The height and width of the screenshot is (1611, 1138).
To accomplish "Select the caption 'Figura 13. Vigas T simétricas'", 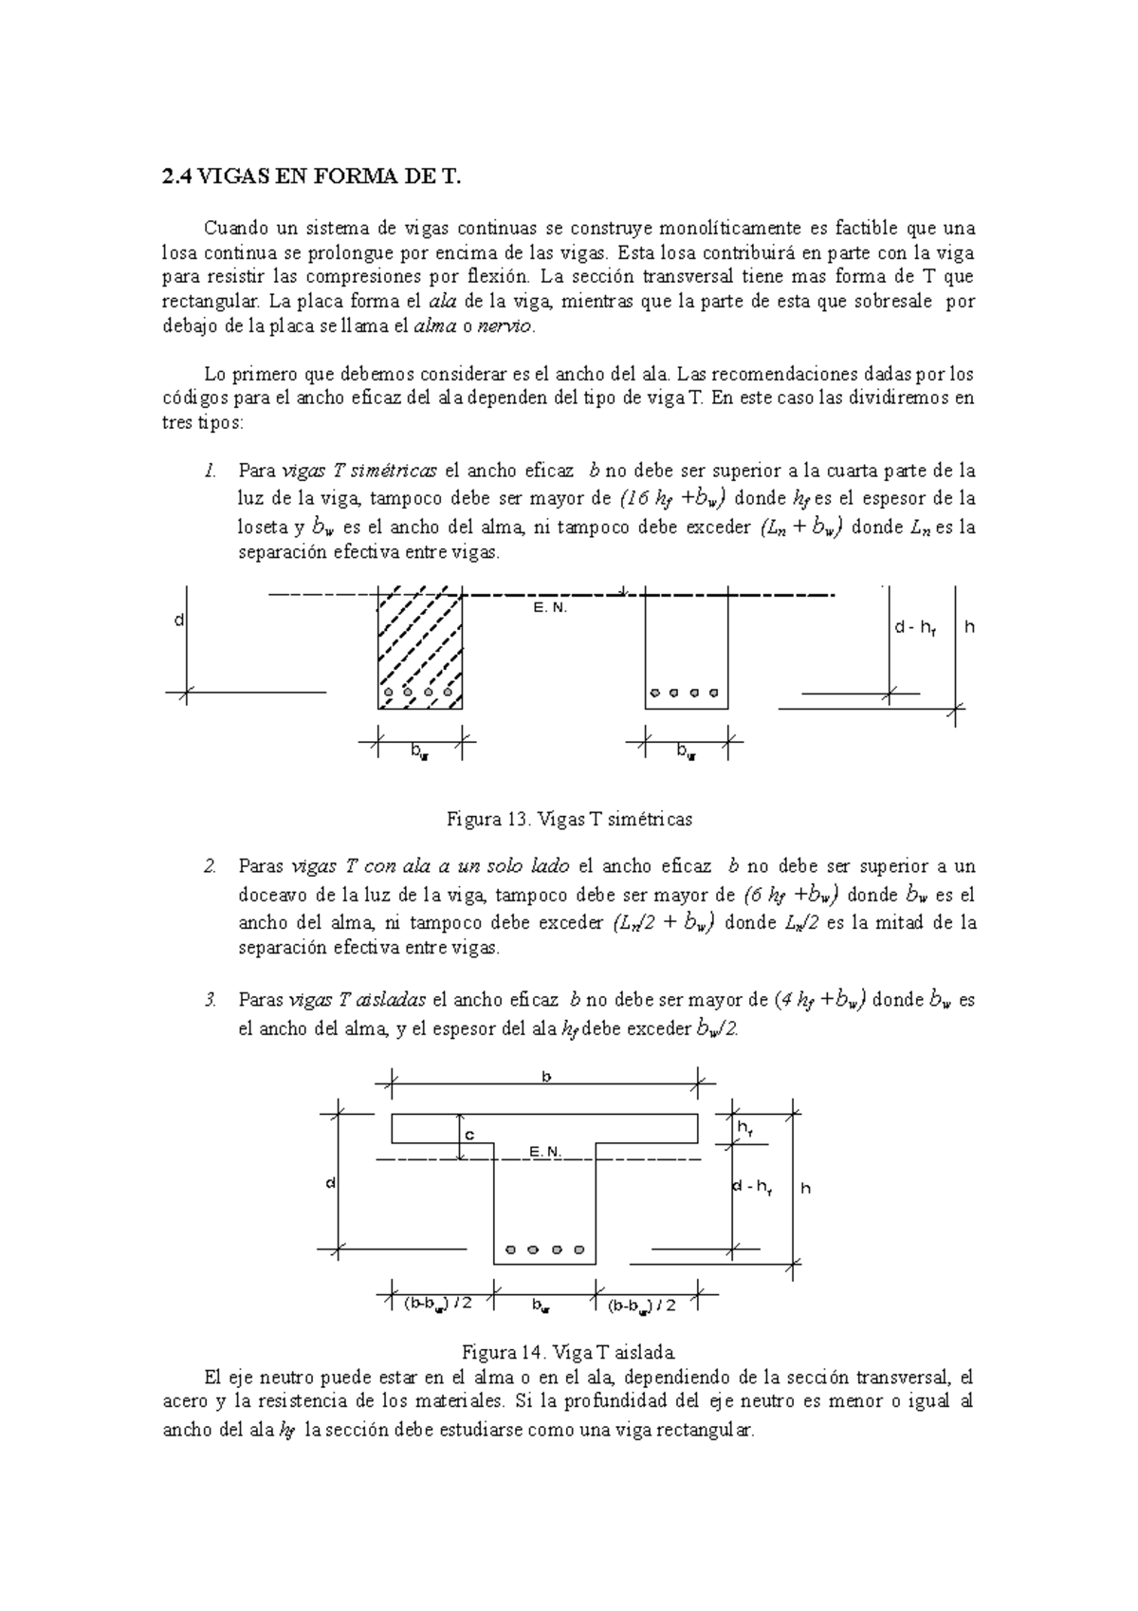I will (569, 819).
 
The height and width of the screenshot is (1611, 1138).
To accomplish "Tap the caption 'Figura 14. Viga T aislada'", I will (567, 1351).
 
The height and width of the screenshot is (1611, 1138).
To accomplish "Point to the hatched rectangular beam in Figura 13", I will (419, 652).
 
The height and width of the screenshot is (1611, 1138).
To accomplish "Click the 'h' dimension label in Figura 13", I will (969, 627).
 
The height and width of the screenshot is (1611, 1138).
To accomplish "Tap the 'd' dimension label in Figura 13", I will (176, 620).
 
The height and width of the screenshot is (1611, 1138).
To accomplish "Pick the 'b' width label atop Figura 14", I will (545, 1077).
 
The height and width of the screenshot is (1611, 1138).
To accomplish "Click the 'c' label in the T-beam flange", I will (468, 1135).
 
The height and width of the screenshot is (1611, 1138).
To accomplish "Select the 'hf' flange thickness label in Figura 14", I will (745, 1128).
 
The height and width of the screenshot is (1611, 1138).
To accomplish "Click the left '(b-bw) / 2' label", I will (437, 1305).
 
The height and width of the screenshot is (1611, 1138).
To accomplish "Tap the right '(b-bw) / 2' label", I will (642, 1305).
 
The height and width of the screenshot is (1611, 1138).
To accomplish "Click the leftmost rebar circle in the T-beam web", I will (511, 1249).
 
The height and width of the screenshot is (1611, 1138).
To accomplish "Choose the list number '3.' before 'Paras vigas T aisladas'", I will (211, 1000).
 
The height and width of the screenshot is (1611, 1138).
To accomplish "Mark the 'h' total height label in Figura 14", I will (805, 1188).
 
